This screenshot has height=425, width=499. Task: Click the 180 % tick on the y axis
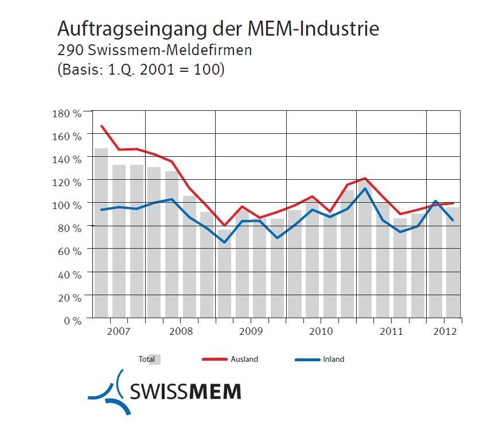pyautogui.click(x=67, y=113)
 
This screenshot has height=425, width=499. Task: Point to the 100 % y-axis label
pyautogui.click(x=67, y=205)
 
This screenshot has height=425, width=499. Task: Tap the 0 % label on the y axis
pyautogui.click(x=72, y=320)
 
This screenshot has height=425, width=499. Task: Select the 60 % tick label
pyautogui.click(x=69, y=251)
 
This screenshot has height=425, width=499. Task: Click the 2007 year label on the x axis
pyautogui.click(x=119, y=332)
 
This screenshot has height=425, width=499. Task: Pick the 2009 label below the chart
pyautogui.click(x=251, y=332)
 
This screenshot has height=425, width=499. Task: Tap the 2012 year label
pyautogui.click(x=445, y=332)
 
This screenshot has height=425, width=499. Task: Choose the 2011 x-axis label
pyautogui.click(x=391, y=332)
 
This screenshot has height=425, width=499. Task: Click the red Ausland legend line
pyautogui.click(x=215, y=360)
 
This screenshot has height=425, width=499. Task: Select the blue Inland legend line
pyautogui.click(x=307, y=360)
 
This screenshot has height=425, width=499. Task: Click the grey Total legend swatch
pyautogui.click(x=154, y=360)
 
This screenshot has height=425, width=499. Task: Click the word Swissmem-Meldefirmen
pyautogui.click(x=170, y=50)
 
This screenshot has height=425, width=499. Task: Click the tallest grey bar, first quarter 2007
pyautogui.click(x=101, y=233)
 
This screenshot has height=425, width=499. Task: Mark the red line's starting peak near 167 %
pyautogui.click(x=102, y=126)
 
